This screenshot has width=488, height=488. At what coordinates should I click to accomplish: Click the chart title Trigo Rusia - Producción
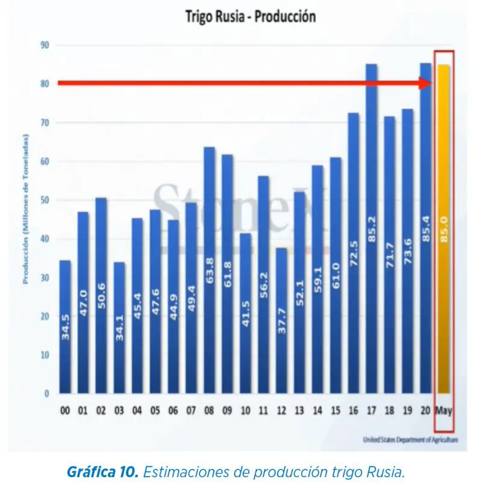pyautogui.click(x=250, y=17)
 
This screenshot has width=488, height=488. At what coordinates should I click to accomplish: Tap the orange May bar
pyautogui.click(x=443, y=229)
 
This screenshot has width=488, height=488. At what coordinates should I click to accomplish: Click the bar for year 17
pyautogui.click(x=372, y=229)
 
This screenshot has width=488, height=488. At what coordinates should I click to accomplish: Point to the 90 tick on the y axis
pyautogui.click(x=45, y=45)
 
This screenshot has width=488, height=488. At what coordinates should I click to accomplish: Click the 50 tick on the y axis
pyautogui.click(x=45, y=200)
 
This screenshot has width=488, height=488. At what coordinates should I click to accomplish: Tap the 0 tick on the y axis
pyautogui.click(x=46, y=394)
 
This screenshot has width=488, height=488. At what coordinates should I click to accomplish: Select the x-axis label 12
pyautogui.click(x=281, y=411)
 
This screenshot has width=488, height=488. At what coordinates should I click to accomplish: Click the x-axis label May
pyautogui.click(x=443, y=411)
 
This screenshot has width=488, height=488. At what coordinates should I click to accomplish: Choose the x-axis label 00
pyautogui.click(x=65, y=411)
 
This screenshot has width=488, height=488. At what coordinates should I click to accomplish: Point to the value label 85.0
pyautogui.click(x=443, y=230)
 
